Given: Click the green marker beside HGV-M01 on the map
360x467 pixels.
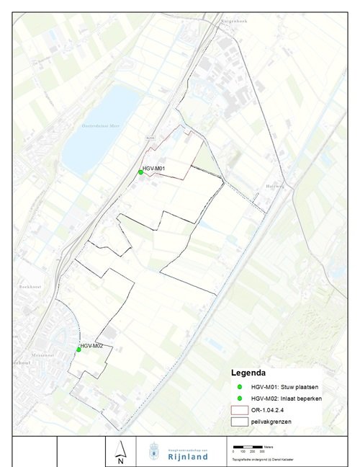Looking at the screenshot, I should tap(140, 172).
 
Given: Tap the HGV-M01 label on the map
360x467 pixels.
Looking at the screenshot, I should tap(155, 169).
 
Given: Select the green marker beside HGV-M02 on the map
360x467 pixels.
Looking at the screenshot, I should tap(78, 350).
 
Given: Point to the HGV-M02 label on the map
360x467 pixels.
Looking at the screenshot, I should tap(92, 346).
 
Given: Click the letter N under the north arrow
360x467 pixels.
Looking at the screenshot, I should tap(121, 461).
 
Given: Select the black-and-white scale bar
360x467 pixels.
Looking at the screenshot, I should tap(248, 448).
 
